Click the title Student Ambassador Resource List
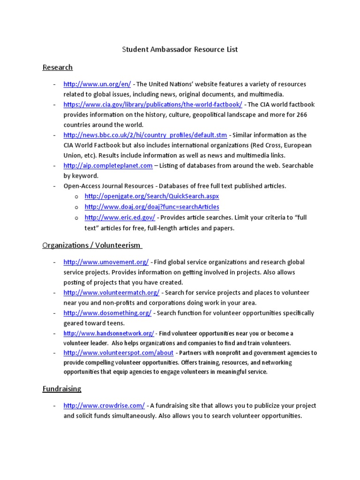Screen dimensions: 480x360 pos(180,49)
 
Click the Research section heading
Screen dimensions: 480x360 pos(58,67)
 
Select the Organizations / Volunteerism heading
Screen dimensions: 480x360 pos(92,245)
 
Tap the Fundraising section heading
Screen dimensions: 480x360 pos(62,389)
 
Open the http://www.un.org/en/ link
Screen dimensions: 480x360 pos(97,84)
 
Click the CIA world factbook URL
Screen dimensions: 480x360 pos(153,105)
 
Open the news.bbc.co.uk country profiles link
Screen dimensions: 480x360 pos(145,135)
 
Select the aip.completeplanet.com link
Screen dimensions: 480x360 pos(108,165)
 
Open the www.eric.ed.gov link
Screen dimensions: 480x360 pos(120,217)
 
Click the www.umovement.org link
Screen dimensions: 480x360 pos(106,262)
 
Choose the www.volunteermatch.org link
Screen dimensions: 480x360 pos(112,292)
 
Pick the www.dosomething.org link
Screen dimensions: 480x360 pos(107,313)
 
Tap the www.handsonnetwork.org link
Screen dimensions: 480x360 pos(109,334)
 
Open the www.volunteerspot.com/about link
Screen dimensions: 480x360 pos(119,353)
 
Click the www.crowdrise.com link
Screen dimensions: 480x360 pos(104,405)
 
